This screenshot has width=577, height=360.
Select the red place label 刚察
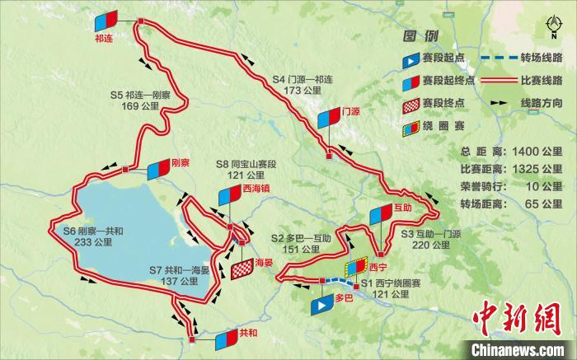pyautogui.click(x=181, y=162)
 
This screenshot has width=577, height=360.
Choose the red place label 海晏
pyautogui.click(x=264, y=262)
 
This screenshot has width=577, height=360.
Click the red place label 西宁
pyautogui.click(x=378, y=267)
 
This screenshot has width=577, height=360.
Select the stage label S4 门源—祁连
pyautogui.click(x=303, y=85)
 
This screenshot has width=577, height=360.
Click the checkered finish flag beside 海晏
pyautogui.click(x=243, y=269)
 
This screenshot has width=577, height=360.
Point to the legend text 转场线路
pyautogui.click(x=541, y=58)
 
